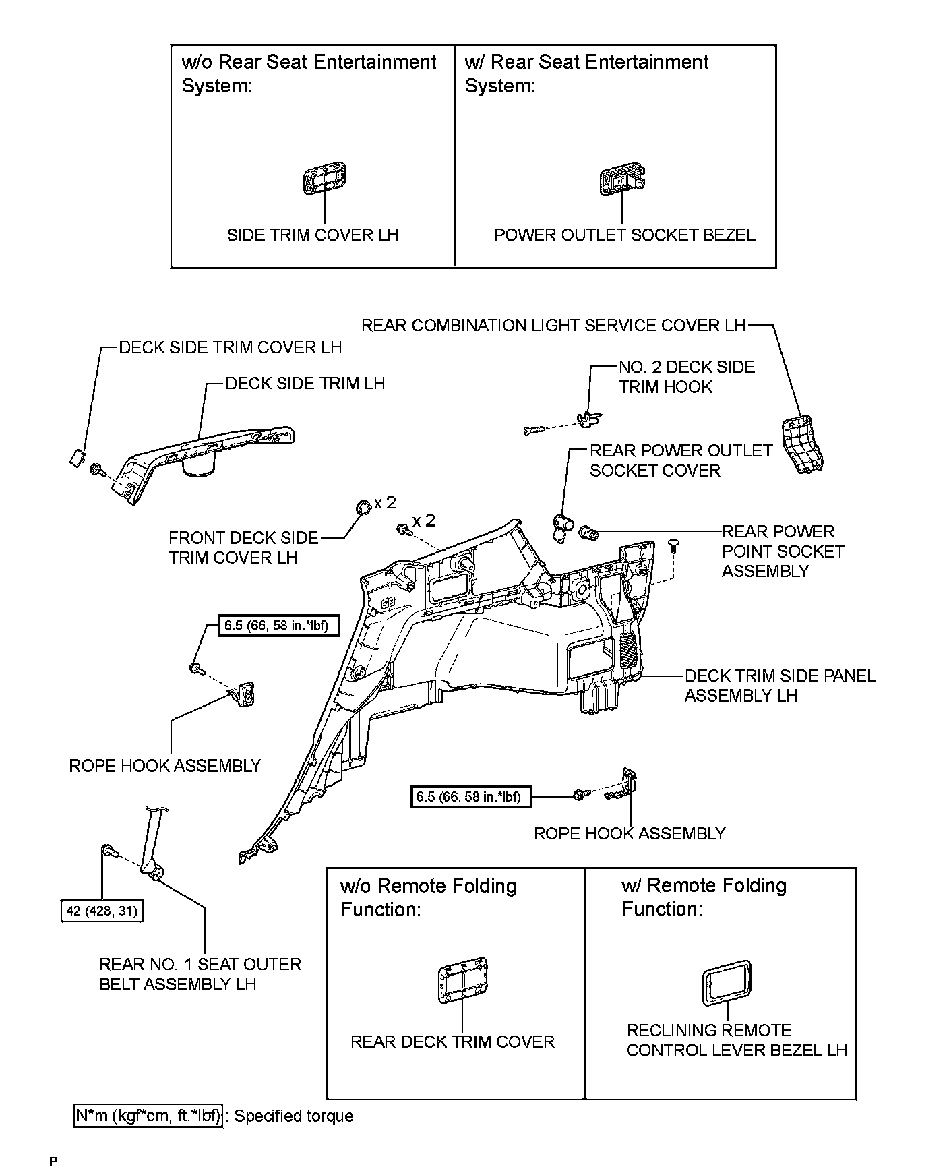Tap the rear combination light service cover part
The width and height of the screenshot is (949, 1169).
pos(802,444)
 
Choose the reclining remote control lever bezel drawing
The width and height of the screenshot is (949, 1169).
pos(726,984)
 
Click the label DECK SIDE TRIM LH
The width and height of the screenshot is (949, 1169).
pos(305,384)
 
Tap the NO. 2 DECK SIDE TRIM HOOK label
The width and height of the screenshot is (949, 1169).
pos(685,377)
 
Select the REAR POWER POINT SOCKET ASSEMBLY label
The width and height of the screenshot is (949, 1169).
pos(783,551)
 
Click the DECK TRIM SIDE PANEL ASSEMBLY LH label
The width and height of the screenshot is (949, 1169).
pos(780,686)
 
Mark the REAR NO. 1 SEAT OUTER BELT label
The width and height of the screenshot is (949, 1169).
pos(200,974)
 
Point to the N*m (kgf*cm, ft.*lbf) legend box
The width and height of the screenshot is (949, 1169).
pos(148,1116)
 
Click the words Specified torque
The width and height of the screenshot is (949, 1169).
pos(293,1116)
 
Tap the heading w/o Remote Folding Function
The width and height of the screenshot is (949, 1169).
pos(428,897)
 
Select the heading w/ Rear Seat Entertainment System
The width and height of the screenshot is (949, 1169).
pos(586,73)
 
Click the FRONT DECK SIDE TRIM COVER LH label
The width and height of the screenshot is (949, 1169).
pos(243,547)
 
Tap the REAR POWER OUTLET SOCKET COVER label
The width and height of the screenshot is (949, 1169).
pos(680,460)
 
